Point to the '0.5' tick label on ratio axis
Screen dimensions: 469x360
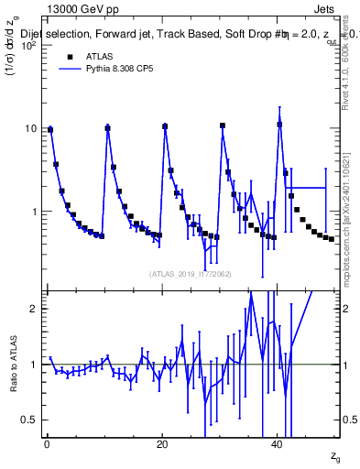(x=31, y=420)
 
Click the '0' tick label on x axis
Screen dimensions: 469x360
(x=47, y=444)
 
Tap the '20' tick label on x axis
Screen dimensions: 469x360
(x=162, y=444)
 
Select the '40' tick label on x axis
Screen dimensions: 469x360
(x=278, y=444)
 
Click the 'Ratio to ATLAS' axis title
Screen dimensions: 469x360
(x=14, y=364)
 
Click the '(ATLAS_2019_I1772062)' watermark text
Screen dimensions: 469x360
(x=192, y=273)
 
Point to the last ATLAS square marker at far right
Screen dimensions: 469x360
(x=332, y=239)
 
